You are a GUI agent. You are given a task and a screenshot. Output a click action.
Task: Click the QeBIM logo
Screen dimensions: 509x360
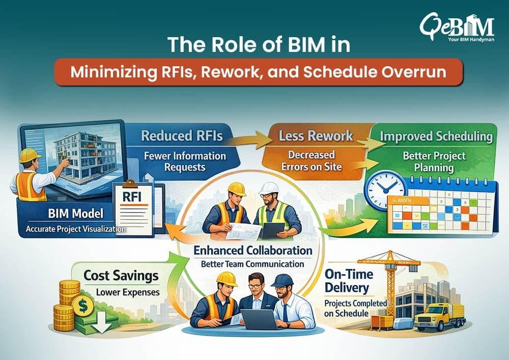(457, 27)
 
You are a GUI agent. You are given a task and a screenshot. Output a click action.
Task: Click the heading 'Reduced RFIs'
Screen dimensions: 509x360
(182, 135)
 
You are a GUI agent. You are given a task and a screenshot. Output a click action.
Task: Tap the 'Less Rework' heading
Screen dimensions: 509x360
(316, 135)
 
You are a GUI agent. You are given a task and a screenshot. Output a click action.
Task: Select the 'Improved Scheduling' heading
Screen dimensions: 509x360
(436, 136)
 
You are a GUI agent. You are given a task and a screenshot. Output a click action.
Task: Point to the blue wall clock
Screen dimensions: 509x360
(385, 190)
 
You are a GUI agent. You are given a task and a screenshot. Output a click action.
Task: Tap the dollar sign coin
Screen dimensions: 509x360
(83, 306)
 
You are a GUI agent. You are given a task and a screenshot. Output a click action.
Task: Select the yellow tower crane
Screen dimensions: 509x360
(389, 286)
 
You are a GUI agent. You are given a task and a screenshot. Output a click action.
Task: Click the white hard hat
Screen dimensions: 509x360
(269, 188)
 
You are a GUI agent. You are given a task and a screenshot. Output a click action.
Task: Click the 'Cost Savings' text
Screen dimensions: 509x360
(121, 275)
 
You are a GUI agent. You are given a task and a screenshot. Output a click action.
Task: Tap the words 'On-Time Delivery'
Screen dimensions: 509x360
(349, 281)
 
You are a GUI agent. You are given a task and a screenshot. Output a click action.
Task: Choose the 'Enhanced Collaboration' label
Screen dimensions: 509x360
(253, 251)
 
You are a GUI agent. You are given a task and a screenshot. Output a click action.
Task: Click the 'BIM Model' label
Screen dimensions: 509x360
(76, 213)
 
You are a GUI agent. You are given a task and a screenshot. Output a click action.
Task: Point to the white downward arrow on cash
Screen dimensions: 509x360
(102, 323)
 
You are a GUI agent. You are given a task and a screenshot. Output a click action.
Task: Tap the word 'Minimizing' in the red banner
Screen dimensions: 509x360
(114, 72)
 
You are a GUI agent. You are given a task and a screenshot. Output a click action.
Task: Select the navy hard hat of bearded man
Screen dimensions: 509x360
(282, 280)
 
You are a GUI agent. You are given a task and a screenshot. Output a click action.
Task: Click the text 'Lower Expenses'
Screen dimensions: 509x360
(128, 292)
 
